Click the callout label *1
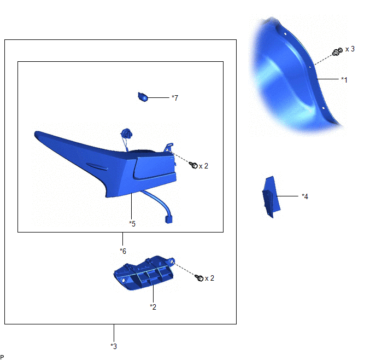pos(344,80)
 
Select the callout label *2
pos(153,307)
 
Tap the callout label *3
pos(114,346)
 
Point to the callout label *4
pos(305,196)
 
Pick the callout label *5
pos(132,224)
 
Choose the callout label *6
pos(123,251)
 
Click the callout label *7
pos(175,98)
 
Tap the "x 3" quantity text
pos(350,49)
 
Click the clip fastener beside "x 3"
pos(337,52)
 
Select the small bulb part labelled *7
pos(143,97)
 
